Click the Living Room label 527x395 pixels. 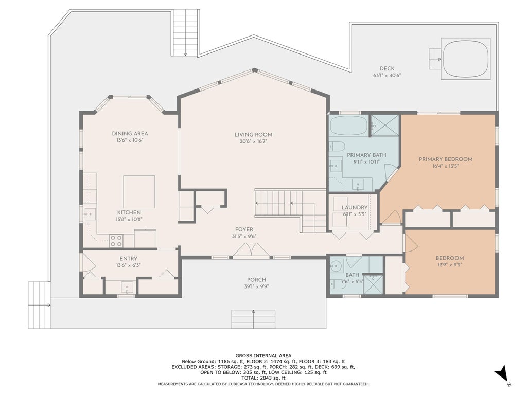[253, 135]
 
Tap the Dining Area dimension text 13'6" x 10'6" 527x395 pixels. [130, 140]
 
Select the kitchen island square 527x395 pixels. [139, 192]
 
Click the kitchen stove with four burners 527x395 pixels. [116, 241]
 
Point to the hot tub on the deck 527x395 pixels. [466, 59]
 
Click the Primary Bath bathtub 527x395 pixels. [348, 125]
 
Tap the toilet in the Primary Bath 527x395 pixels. [337, 147]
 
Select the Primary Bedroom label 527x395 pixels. [446, 159]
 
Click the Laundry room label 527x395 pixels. [355, 208]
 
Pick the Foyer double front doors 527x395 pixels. [252, 250]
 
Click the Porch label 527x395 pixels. [256, 280]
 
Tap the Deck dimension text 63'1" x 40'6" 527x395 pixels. [387, 76]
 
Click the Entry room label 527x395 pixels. [128, 259]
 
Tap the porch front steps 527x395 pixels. [253, 319]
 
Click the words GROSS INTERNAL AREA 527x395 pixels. [263, 356]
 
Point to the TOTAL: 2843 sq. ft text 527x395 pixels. [263, 378]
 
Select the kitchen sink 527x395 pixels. [90, 214]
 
